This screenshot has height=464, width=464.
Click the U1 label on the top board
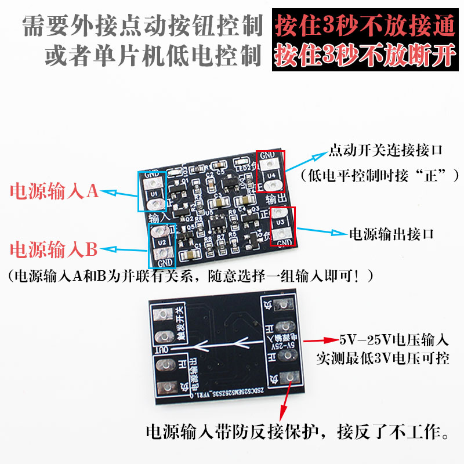click(154, 193)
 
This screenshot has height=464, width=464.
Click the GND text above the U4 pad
click(268, 155)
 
